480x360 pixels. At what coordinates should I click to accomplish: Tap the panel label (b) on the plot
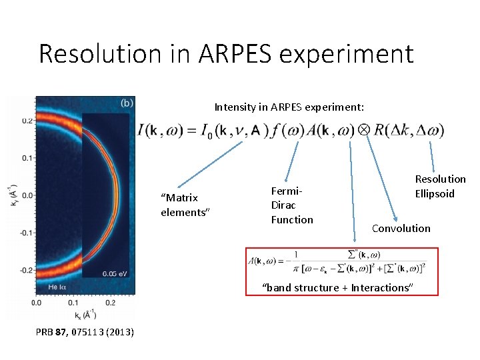click(x=127, y=103)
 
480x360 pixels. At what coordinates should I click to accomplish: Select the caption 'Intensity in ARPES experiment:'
click(x=289, y=107)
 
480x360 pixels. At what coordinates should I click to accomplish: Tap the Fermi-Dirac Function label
click(x=291, y=205)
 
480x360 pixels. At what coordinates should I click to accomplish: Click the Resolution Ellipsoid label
click(x=440, y=186)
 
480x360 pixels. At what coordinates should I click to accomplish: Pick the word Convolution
click(x=401, y=228)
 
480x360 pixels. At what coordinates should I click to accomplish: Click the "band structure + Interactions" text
click(x=337, y=287)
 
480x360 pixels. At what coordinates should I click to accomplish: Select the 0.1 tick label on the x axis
click(x=73, y=303)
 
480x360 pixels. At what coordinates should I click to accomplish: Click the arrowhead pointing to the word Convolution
click(x=395, y=219)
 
